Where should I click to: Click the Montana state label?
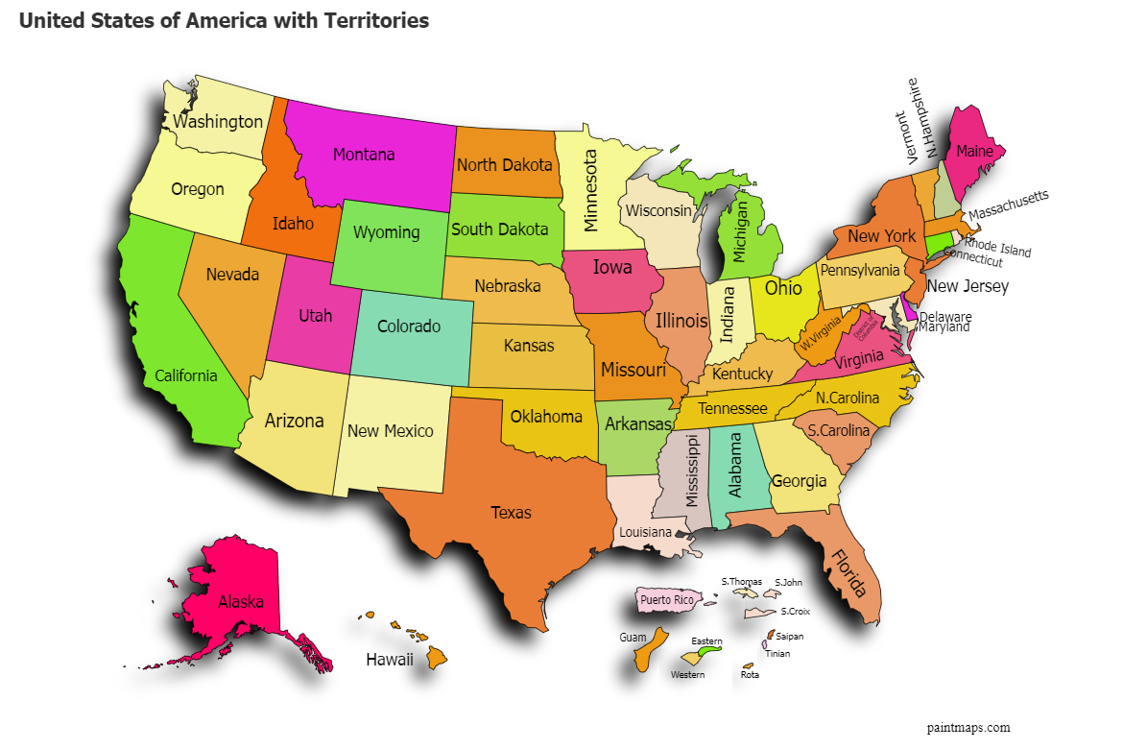[364, 154]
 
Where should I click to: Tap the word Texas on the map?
[511, 513]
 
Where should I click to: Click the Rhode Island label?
[998, 248]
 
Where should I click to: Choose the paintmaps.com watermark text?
[968, 728]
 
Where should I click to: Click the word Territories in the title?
[372, 20]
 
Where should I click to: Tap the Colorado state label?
[408, 326]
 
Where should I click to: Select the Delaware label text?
[945, 316]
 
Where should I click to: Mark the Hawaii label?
[390, 660]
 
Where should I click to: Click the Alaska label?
[241, 602]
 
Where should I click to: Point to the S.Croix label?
[795, 612]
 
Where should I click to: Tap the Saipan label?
[789, 636]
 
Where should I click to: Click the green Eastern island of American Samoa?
[710, 651]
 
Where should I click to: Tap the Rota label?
[750, 675]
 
